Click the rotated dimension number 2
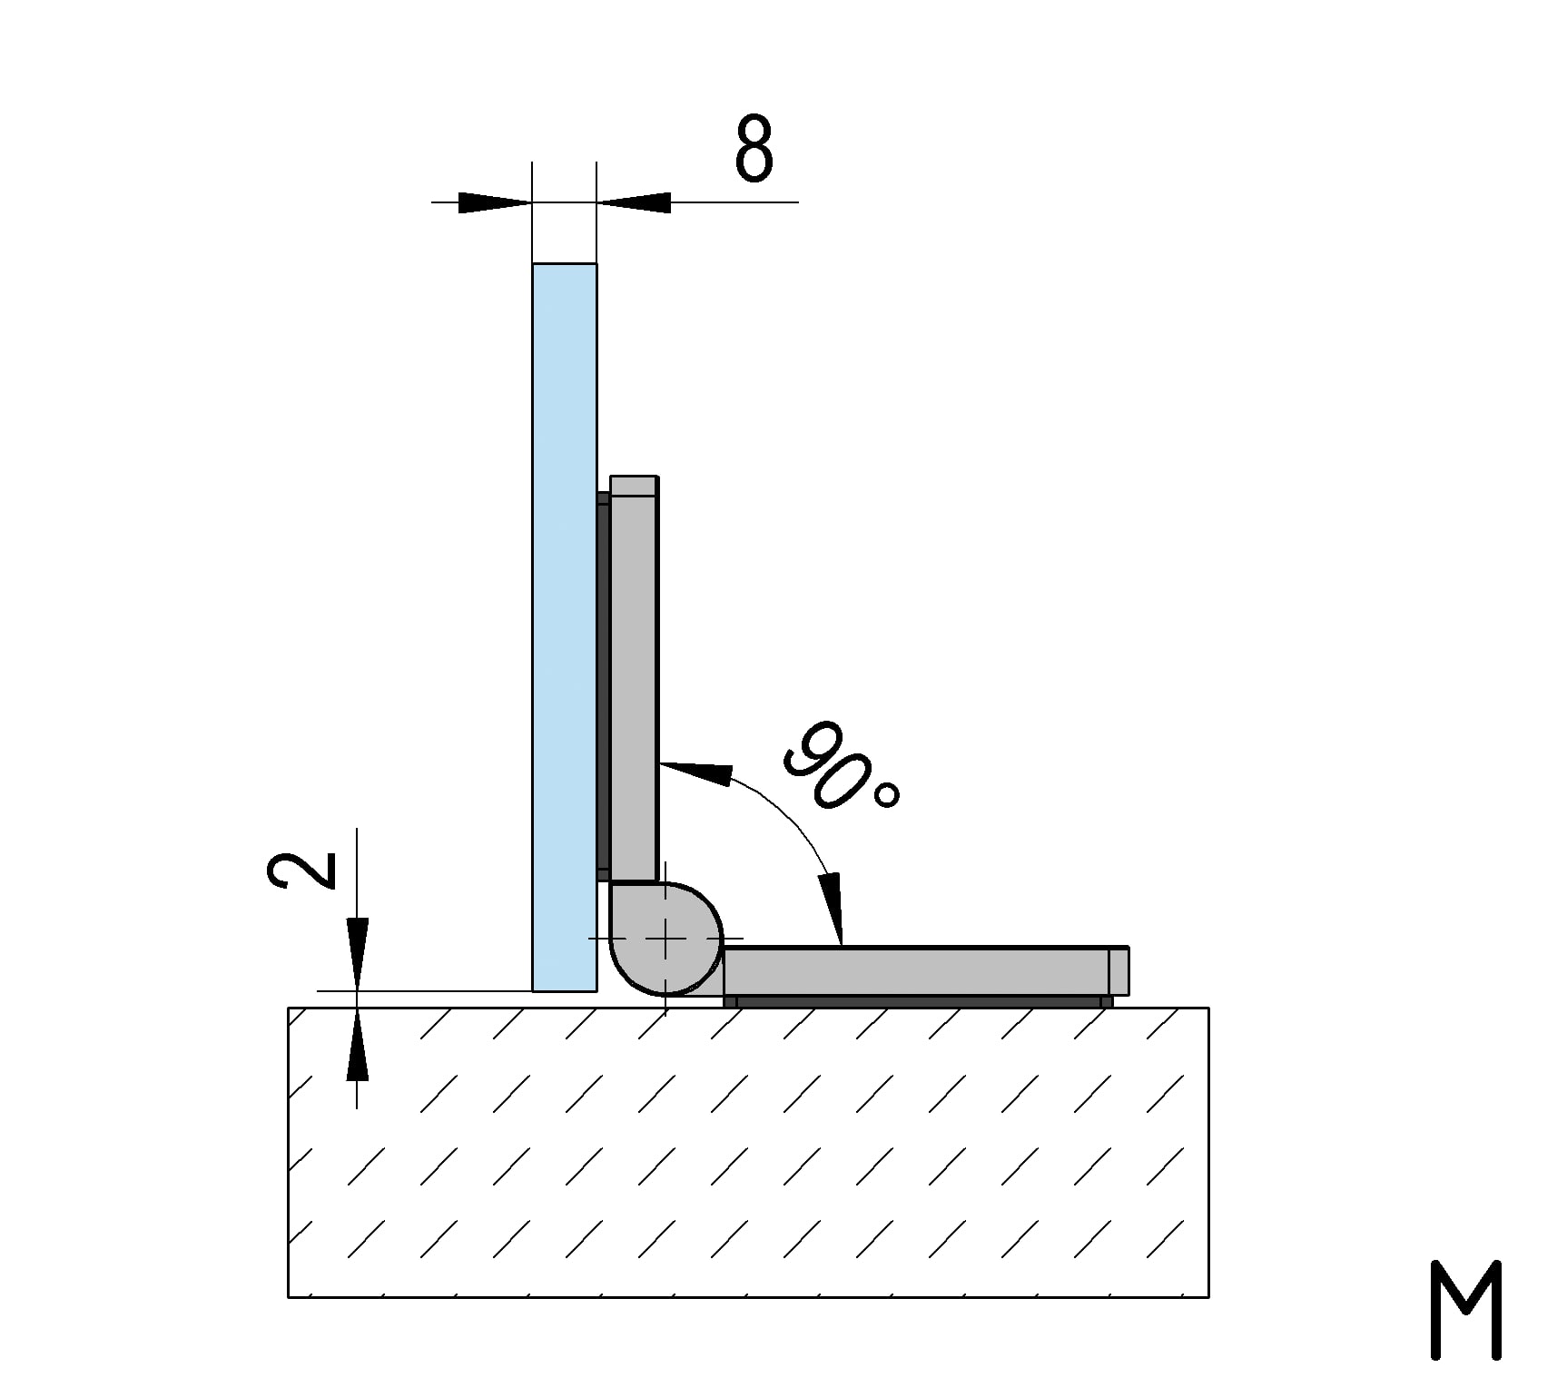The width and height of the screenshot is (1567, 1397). [302, 871]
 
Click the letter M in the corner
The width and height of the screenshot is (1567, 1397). [1465, 1310]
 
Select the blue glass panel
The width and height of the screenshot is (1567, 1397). [564, 626]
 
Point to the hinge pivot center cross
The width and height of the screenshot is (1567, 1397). [665, 939]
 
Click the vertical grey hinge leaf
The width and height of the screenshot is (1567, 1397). [634, 690]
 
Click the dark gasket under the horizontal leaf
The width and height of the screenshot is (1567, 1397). [917, 1001]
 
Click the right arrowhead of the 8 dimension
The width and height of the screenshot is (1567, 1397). [635, 202]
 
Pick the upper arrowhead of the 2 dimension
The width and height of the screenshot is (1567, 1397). [358, 953]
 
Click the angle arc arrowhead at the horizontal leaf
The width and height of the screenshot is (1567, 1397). [833, 909]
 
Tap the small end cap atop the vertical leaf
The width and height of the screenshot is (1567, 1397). [634, 486]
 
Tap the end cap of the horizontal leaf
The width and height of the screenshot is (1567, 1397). [1119, 971]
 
